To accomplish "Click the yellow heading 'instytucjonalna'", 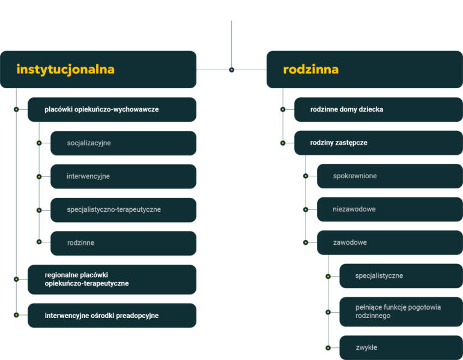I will (65, 70).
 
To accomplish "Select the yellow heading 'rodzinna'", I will (310, 70).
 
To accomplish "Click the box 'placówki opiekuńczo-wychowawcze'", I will (112, 110).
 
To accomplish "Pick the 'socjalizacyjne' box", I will (123, 143).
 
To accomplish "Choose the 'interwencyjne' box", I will (123, 176).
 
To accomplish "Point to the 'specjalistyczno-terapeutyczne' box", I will (123, 210).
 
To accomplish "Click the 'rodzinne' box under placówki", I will (123, 243).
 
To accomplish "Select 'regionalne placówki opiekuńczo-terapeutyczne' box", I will (112, 279).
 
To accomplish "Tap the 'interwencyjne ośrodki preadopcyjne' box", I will (112, 316).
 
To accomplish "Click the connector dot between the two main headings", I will (231, 70).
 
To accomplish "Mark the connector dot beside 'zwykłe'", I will (328, 347).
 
